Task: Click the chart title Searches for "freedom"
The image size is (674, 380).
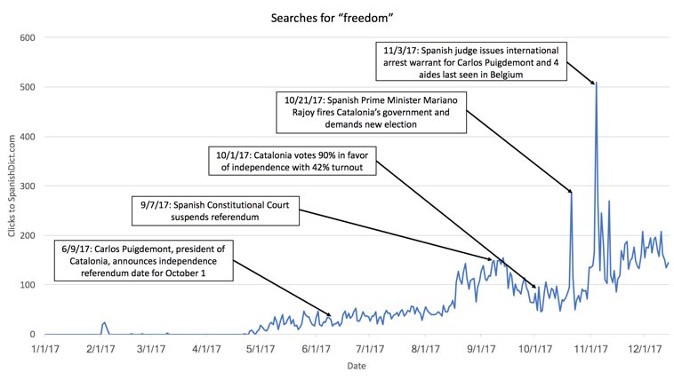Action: tap(337, 17)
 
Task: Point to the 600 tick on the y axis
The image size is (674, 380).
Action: tap(27, 37)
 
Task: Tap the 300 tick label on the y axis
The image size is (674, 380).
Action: tap(27, 186)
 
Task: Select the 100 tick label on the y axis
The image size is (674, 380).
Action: tap(27, 285)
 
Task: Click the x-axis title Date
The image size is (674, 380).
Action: tap(354, 365)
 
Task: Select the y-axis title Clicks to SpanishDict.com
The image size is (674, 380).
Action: tap(12, 186)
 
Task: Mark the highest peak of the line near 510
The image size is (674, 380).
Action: tap(596, 83)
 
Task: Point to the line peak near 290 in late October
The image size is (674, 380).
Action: tap(571, 191)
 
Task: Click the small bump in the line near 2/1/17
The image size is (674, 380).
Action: tap(104, 323)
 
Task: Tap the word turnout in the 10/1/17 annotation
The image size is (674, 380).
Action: tap(351, 169)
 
